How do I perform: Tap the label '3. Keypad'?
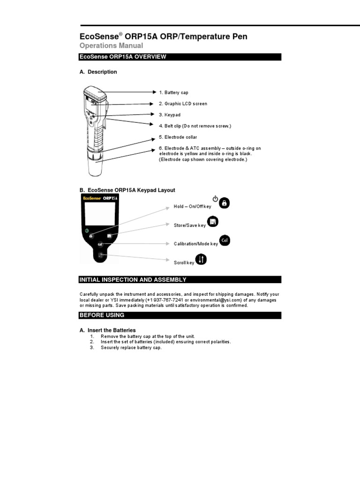tap(169, 115)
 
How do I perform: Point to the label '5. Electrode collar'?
tap(178, 137)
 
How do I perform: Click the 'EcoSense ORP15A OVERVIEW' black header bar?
tap(180, 57)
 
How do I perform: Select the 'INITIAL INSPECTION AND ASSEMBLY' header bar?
tap(180, 279)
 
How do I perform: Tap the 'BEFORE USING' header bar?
tap(180, 315)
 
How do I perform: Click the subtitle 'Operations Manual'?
tap(111, 45)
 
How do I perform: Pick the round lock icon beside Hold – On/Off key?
tap(224, 203)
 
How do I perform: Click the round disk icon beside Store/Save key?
tap(212, 222)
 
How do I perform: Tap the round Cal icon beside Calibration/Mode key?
tap(224, 241)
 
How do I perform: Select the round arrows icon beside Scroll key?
tap(201, 260)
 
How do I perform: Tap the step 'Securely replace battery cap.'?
tap(131, 348)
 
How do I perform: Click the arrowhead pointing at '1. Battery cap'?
tap(152, 92)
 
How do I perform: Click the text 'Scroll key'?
tap(184, 263)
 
